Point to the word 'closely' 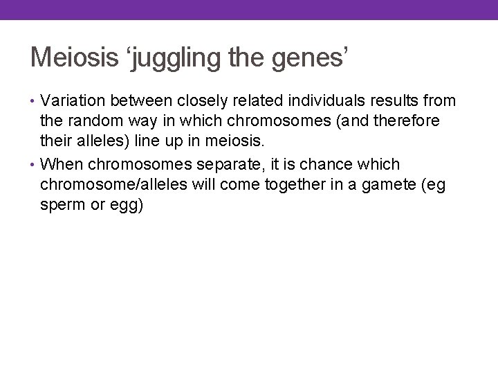coord(204,101)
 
